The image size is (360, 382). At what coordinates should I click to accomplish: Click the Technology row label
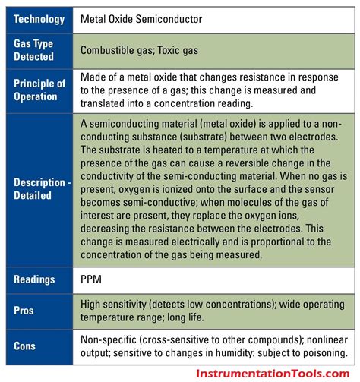pos(39,17)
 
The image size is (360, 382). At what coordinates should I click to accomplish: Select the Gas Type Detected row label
pos(35,50)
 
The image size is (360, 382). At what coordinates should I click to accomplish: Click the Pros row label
pos(24,310)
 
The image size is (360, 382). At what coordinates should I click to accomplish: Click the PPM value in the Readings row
pos(91,279)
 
